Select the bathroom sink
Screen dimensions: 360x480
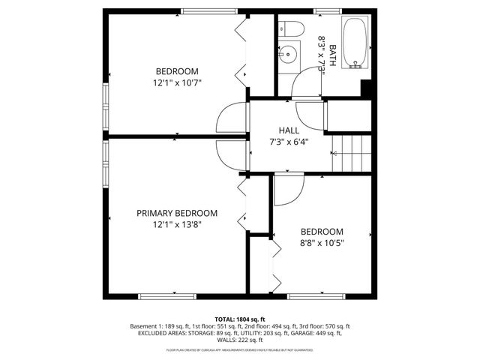click(x=287, y=55)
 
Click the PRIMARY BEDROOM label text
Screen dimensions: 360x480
click(x=177, y=213)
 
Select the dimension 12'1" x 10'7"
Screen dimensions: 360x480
click(x=177, y=82)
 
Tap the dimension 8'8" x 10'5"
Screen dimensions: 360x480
click(x=322, y=243)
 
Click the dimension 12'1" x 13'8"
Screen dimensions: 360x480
click(x=177, y=223)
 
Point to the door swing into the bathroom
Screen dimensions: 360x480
click(x=306, y=81)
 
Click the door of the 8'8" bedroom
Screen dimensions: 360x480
click(x=286, y=190)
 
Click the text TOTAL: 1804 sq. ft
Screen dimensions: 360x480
click(x=240, y=319)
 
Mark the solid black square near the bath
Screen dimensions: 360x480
click(x=367, y=88)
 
